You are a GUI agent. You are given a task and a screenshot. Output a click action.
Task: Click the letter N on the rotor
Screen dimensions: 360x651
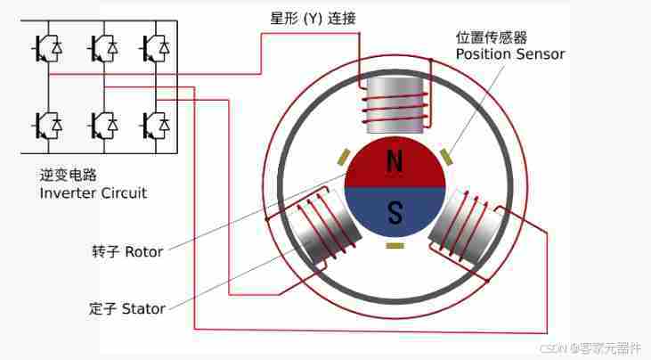click(395, 161)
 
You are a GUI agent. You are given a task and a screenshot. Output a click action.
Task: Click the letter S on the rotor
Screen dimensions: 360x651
click(395, 212)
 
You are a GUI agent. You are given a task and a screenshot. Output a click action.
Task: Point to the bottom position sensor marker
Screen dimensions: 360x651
click(395, 245)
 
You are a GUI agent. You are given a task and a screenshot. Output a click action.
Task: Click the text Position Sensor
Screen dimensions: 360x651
click(510, 54)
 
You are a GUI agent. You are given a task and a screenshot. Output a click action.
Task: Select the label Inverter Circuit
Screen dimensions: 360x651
click(94, 192)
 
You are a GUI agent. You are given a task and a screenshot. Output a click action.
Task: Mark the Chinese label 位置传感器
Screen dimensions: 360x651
click(489, 37)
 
